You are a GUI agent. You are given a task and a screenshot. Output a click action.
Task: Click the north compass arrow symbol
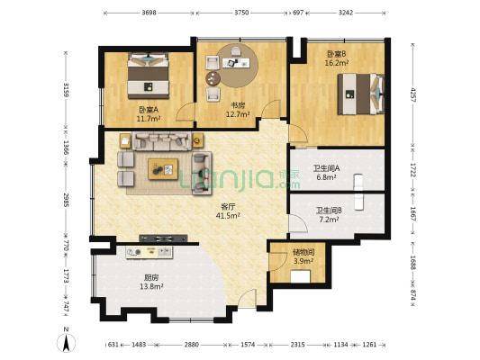point(66,343)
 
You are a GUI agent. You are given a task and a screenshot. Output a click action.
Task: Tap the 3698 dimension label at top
point(149,13)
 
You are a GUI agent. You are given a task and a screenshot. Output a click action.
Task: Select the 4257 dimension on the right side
point(413,94)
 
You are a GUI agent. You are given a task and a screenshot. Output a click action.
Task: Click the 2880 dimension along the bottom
point(191,345)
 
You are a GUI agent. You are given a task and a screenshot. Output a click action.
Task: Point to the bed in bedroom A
point(149,76)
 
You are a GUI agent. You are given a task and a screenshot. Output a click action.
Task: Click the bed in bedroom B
point(360,94)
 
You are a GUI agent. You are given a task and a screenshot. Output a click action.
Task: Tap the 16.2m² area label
point(337,63)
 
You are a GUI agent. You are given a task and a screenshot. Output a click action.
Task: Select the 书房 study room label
point(238,105)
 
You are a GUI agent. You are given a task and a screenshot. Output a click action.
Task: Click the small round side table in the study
point(213,78)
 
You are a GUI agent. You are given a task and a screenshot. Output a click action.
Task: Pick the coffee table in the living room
point(163,169)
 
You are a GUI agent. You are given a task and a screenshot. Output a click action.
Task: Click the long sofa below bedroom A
point(162,141)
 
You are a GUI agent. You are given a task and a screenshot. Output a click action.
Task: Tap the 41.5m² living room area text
point(228,216)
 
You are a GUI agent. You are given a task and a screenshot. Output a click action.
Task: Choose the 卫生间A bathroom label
point(326,168)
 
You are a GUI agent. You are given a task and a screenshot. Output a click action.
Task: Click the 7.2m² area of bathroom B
point(329,220)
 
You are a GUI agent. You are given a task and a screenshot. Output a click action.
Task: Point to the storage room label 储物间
point(303,252)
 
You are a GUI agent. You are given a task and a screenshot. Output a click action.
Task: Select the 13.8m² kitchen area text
point(151,286)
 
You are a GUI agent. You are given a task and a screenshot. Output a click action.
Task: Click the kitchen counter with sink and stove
point(149,252)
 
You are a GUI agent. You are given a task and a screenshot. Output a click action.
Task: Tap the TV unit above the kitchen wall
point(163,238)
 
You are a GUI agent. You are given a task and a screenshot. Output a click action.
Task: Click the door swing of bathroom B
point(298,223)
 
